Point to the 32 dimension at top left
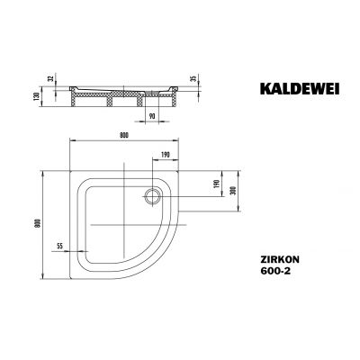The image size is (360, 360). [50, 77]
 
